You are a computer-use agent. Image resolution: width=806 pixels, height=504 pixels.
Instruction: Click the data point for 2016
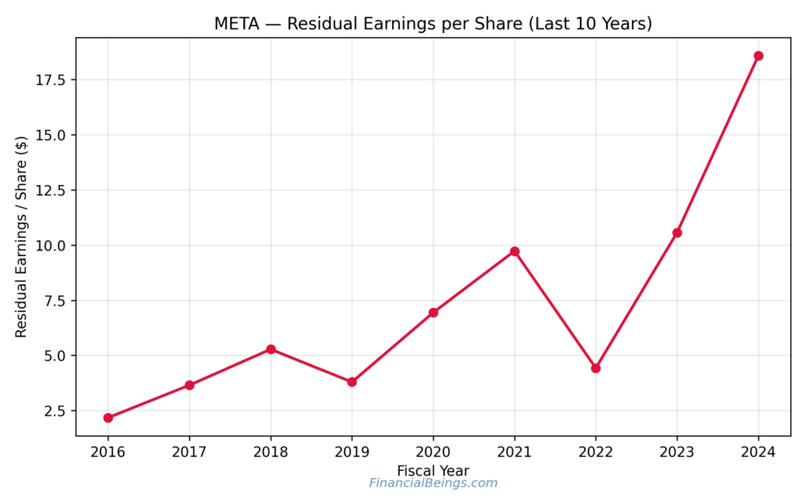click(108, 418)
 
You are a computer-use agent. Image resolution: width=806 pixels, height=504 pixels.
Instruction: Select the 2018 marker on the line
click(271, 349)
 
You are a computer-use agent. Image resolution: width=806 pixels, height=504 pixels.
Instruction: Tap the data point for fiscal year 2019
click(352, 382)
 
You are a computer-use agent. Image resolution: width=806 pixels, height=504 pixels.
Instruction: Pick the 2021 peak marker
click(515, 251)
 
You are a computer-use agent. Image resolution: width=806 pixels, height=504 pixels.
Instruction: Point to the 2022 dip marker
click(596, 368)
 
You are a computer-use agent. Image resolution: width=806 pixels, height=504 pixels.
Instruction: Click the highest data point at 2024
click(758, 56)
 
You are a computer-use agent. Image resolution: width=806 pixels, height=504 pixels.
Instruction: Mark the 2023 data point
click(677, 232)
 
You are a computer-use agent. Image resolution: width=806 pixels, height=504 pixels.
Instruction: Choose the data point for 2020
click(433, 313)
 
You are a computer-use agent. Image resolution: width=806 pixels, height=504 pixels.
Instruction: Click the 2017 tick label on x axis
click(189, 452)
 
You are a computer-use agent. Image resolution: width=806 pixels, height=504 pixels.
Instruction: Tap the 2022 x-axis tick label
click(596, 452)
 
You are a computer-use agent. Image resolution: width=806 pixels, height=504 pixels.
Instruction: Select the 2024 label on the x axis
click(758, 452)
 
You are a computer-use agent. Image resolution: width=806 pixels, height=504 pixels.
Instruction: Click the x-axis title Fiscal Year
click(433, 470)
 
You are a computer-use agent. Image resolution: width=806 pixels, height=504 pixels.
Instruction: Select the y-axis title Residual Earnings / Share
click(21, 237)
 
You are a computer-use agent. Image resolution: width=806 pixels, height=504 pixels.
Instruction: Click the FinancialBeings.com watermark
click(433, 484)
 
